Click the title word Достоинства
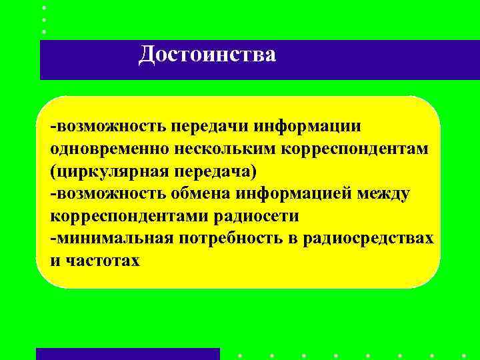[207, 54]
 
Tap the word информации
[314, 127]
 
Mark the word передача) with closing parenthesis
[215, 171]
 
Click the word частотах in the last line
[103, 261]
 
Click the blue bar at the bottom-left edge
[127, 354]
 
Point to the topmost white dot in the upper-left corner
[44, 7]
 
